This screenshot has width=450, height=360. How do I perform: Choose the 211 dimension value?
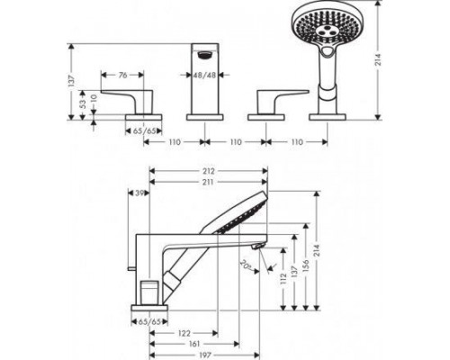pos(208,182)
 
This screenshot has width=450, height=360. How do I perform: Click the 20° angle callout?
pos(245,264)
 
